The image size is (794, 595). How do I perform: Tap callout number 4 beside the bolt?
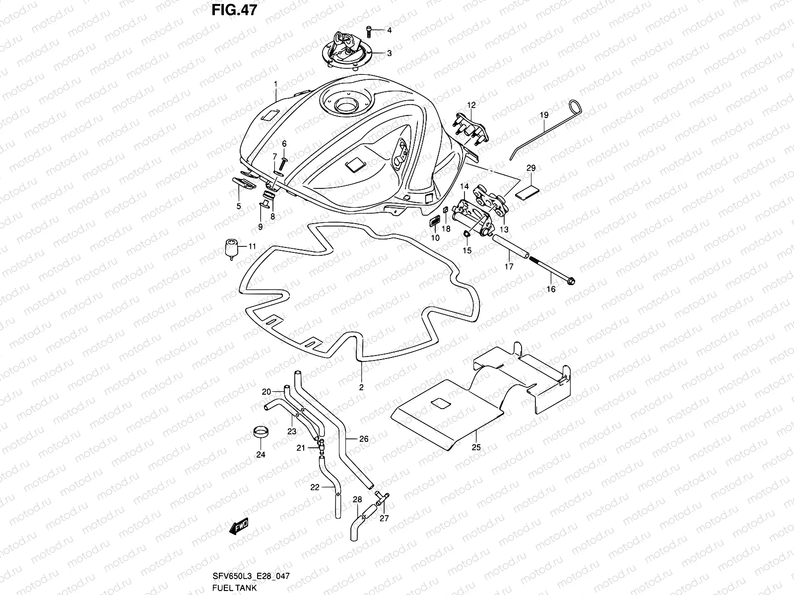click(x=390, y=30)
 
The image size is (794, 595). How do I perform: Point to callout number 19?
click(x=544, y=115)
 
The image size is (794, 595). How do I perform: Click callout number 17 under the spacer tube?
click(x=509, y=266)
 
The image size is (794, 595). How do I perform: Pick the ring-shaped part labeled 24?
click(x=261, y=432)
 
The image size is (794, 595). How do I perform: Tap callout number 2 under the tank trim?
click(x=361, y=387)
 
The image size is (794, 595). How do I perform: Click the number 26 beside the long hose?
click(x=364, y=439)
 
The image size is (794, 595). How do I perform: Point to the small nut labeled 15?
click(x=467, y=234)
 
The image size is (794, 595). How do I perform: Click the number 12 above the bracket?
click(x=471, y=105)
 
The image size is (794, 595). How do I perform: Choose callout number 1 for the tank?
click(x=289, y=84)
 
